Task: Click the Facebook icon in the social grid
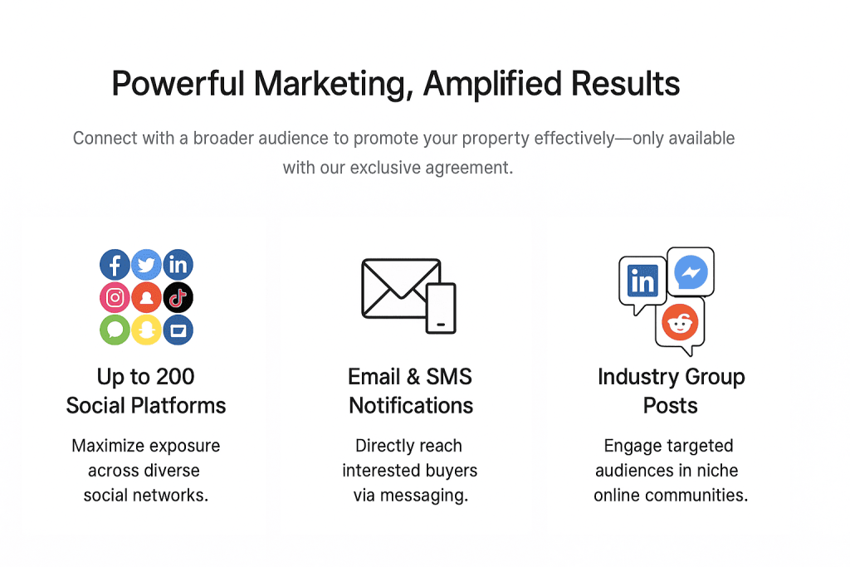click(115, 265)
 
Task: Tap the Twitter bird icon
click(146, 265)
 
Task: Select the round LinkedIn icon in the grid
click(178, 265)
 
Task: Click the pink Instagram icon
click(115, 297)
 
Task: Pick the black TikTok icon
click(178, 297)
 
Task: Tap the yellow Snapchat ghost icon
click(146, 330)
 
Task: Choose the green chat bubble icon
click(115, 330)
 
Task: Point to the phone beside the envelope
click(441, 308)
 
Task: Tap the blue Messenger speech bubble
click(691, 271)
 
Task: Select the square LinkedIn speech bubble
click(642, 284)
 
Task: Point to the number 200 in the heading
click(175, 377)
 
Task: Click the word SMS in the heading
click(449, 377)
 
